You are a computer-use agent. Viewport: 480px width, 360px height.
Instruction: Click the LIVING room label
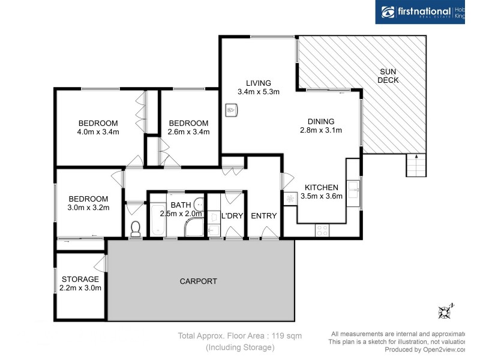[258, 83]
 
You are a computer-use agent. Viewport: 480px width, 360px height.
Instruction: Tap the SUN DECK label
[388, 76]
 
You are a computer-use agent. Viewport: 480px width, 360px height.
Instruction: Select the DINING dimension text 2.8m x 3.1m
[320, 130]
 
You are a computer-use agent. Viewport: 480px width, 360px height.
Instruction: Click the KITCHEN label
[321, 187]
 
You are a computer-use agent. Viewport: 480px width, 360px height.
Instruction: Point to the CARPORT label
[199, 281]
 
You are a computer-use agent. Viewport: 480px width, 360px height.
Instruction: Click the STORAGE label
[80, 279]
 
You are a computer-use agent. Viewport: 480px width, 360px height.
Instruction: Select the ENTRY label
[263, 216]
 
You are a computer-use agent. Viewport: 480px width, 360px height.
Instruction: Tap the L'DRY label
[231, 216]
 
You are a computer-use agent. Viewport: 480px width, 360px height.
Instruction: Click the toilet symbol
[136, 228]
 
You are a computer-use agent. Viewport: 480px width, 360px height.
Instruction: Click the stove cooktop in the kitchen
[322, 229]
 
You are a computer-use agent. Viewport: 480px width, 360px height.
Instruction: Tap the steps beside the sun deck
[416, 165]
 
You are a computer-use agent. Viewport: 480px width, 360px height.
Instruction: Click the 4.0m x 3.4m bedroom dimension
[98, 131]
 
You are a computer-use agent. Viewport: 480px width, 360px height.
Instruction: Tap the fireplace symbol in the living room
[232, 110]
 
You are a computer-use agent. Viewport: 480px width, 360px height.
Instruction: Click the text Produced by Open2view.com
[425, 349]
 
